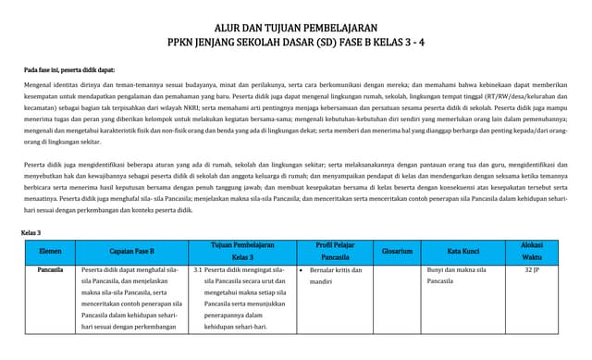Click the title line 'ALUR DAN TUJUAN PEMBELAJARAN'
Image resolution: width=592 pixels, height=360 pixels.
click(x=296, y=28)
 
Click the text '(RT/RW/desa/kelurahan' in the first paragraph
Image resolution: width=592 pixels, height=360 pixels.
click(x=519, y=95)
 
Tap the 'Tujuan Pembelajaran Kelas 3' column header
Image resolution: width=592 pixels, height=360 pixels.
click(x=243, y=250)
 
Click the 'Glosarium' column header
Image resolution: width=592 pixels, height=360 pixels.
click(x=397, y=250)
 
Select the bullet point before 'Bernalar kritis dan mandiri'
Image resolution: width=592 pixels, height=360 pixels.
click(x=302, y=271)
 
